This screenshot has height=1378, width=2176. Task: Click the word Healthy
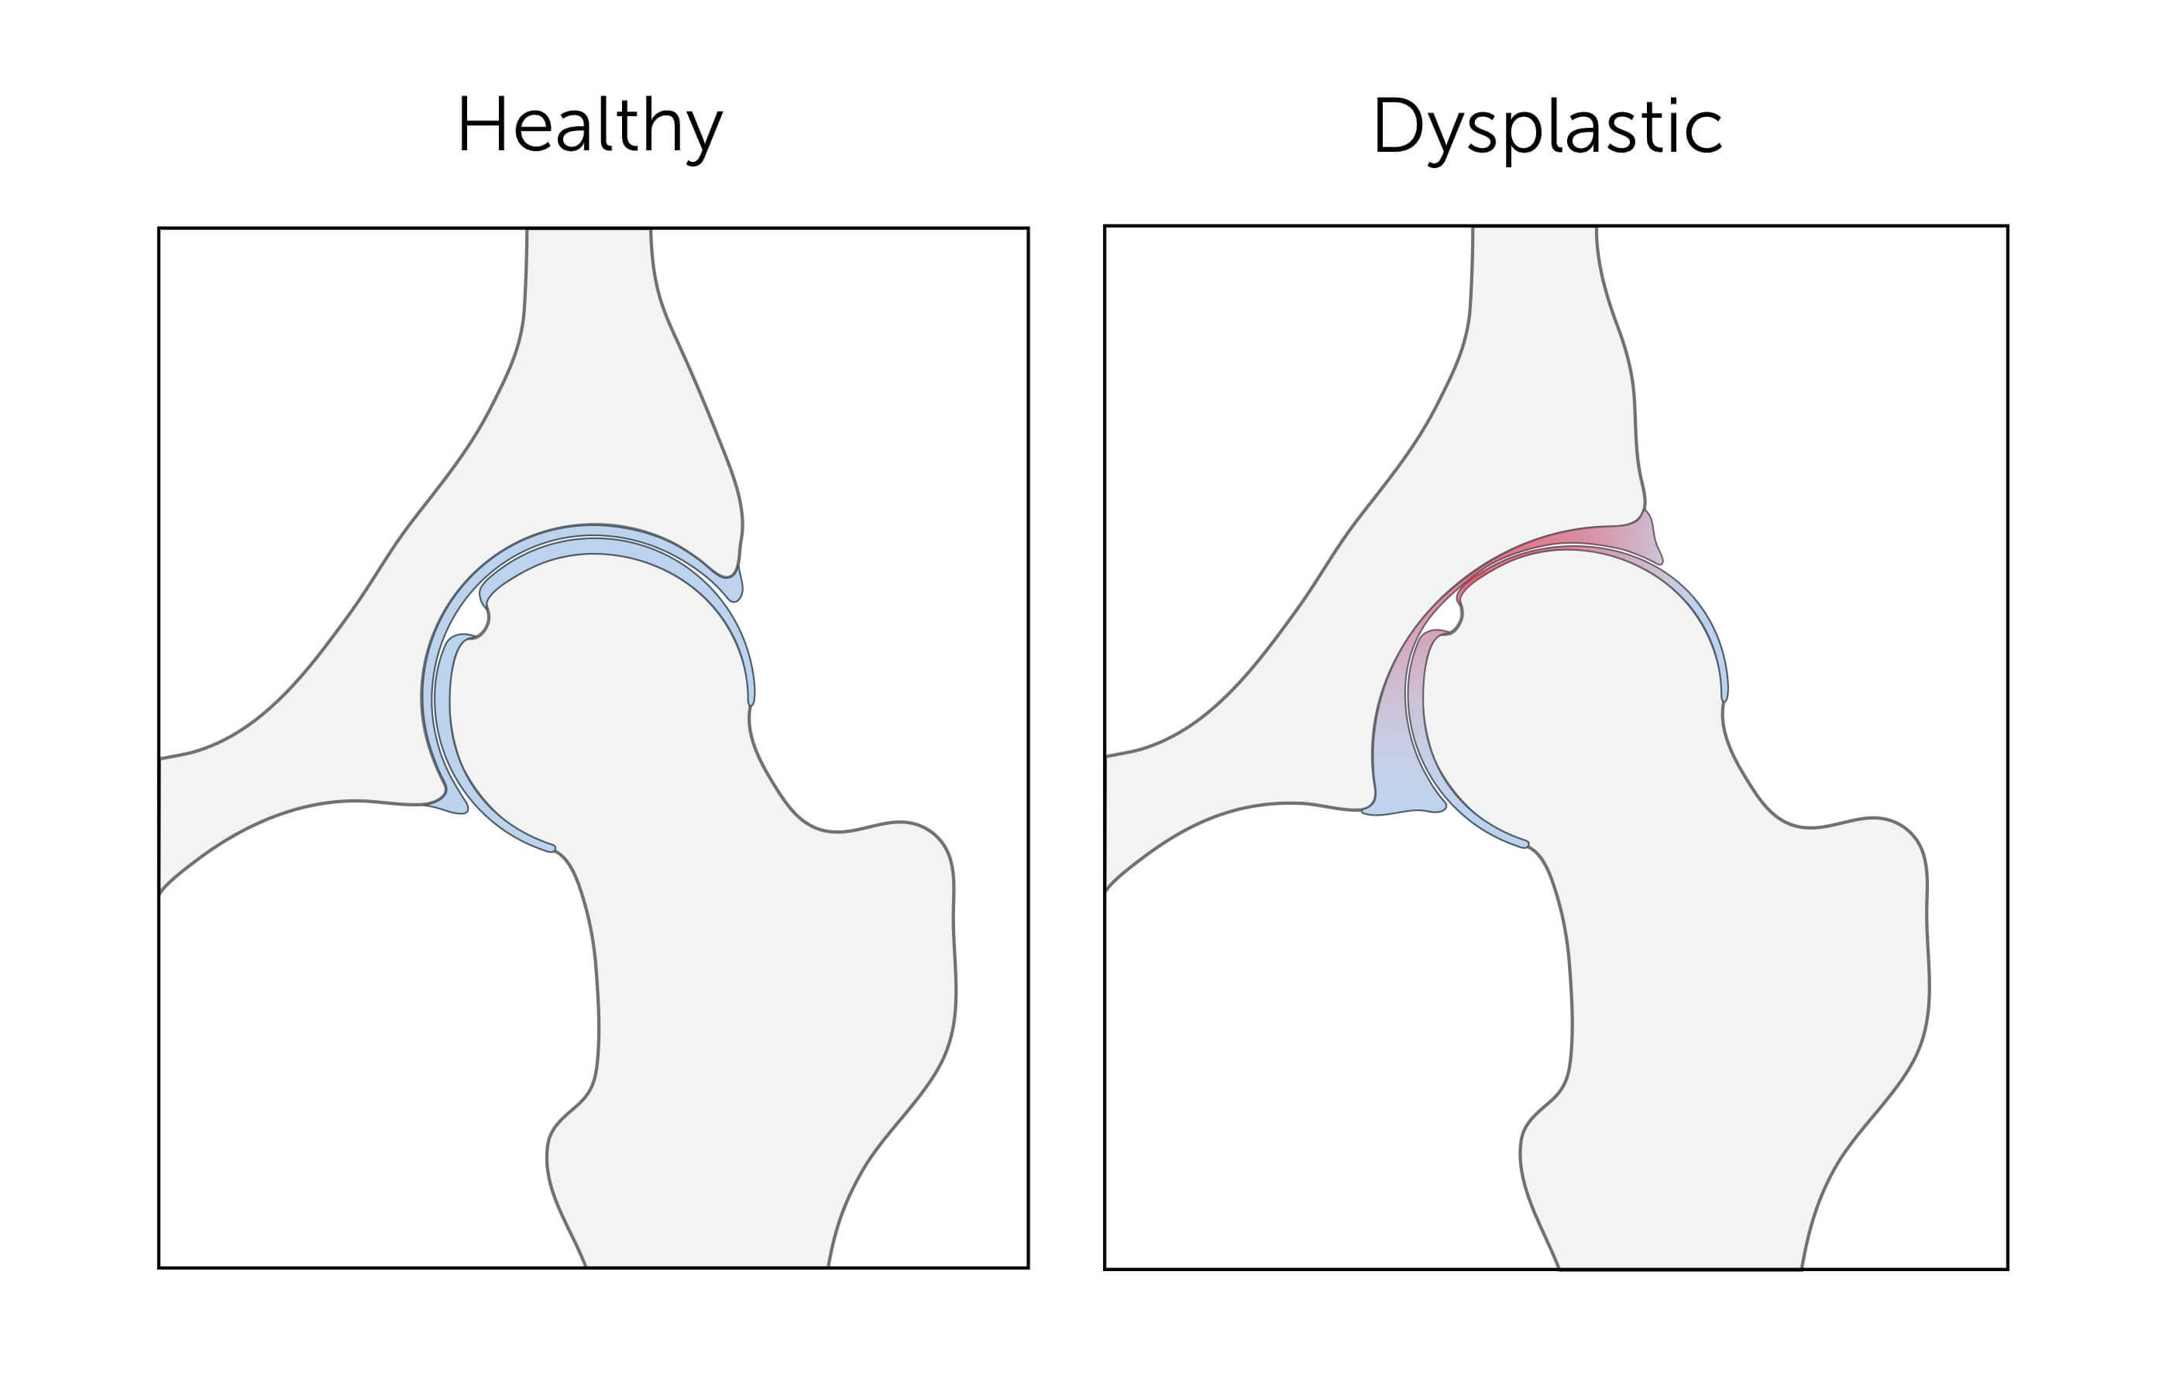click(590, 126)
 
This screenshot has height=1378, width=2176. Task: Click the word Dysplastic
click(1546, 126)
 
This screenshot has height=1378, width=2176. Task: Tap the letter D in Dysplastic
click(1397, 125)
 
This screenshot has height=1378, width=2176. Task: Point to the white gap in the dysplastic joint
click(1448, 618)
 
